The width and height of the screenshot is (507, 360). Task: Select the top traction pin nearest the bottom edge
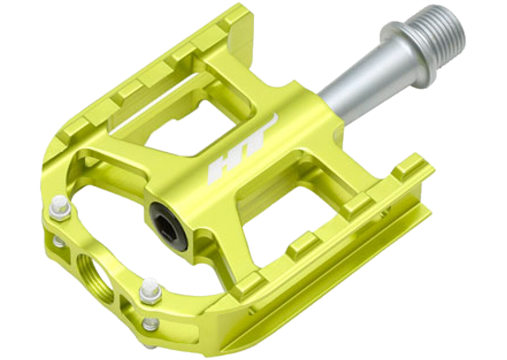[x=150, y=290]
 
